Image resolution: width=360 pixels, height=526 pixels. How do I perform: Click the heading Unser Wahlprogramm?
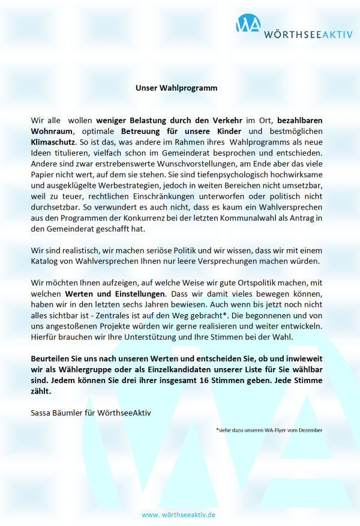coord(176,88)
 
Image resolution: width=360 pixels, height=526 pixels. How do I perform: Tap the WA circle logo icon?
coord(248,24)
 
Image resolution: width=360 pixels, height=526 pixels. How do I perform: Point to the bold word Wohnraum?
coord(52,131)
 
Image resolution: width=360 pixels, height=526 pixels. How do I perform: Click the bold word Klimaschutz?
coord(53,142)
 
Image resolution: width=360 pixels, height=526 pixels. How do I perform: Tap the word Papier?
coord(43,174)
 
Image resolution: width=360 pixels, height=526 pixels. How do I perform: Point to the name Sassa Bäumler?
coord(58,413)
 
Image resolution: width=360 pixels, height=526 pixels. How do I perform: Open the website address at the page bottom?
coord(179,515)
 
